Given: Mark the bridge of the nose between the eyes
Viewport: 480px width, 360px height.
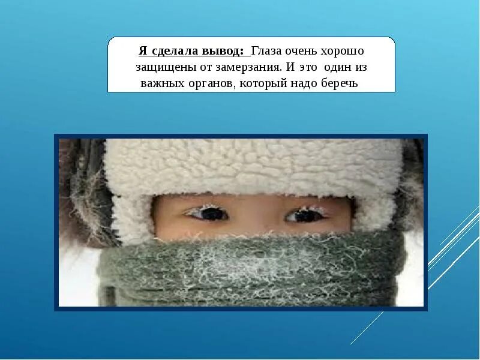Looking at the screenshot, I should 255,217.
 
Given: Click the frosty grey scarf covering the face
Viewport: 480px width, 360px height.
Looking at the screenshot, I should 252,270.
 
